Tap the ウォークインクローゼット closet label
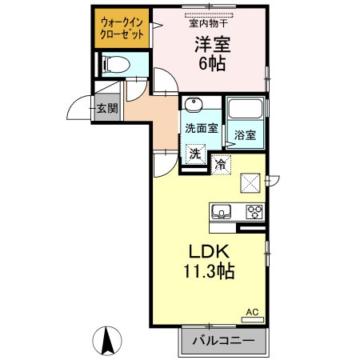coord(122,29)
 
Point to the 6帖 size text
coord(210,64)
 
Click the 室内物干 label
coord(210,23)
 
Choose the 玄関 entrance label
coord(107,109)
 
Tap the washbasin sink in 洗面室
coord(193,106)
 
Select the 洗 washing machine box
coord(194,152)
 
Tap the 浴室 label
coord(245,137)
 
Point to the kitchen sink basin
coord(221,211)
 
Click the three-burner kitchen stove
coord(254,211)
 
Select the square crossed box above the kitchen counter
coord(251,182)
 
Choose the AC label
coord(252,312)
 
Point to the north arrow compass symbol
coord(106,342)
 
